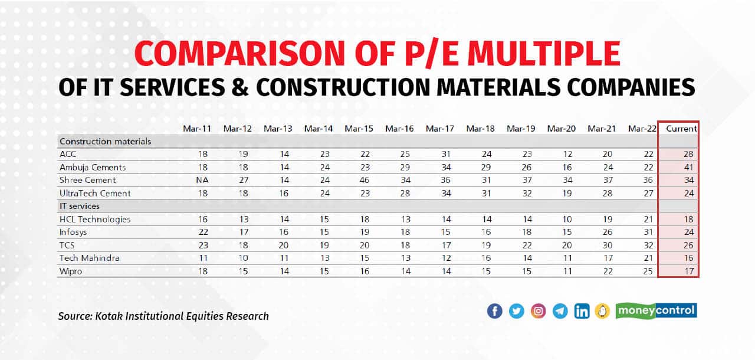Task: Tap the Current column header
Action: pos(681,128)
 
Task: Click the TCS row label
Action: pos(67,245)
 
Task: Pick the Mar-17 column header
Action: pos(439,128)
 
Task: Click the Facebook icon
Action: pos(494,311)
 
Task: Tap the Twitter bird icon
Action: pos(516,311)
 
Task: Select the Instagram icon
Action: pos(538,311)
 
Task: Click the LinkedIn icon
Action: pos(582,311)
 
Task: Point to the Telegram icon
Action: pos(560,311)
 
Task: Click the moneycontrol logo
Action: pos(656,310)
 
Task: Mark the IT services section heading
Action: pos(80,206)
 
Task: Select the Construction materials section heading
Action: pos(106,141)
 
